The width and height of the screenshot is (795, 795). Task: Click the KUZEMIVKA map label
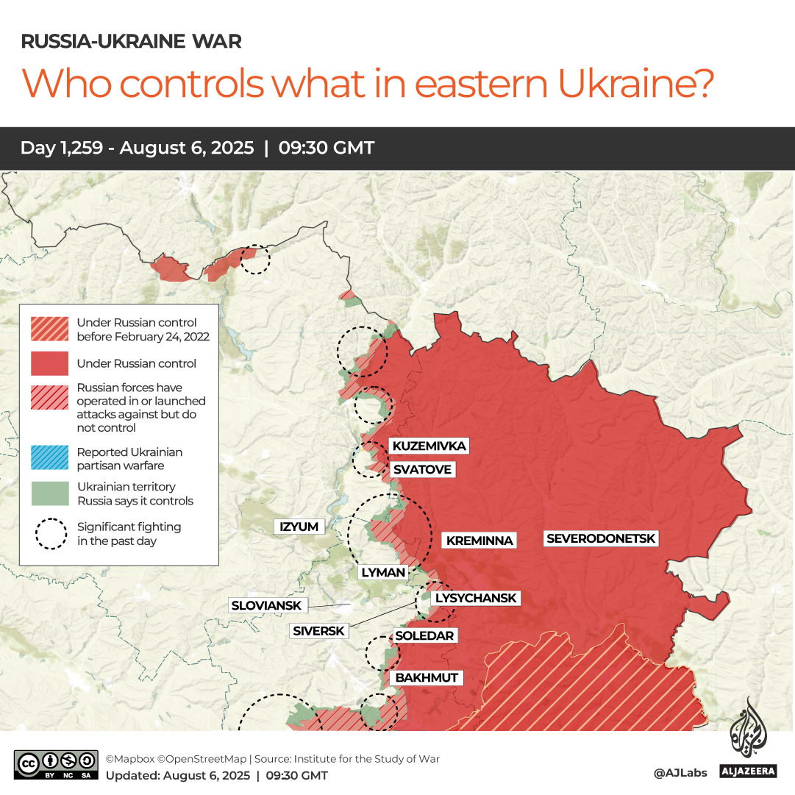pyautogui.click(x=429, y=446)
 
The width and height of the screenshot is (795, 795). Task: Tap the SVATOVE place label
pyautogui.click(x=422, y=469)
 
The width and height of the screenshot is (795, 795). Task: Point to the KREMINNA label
pyautogui.click(x=480, y=541)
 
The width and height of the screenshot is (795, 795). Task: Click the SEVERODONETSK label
pyautogui.click(x=600, y=538)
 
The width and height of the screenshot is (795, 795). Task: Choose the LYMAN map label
pyautogui.click(x=382, y=572)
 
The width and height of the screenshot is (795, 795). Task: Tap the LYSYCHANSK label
pyautogui.click(x=476, y=598)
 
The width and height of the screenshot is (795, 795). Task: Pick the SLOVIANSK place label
pyautogui.click(x=266, y=605)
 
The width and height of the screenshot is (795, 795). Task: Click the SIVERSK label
pyautogui.click(x=318, y=630)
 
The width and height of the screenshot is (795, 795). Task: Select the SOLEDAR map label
pyautogui.click(x=424, y=635)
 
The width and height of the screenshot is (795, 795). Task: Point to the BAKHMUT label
pyautogui.click(x=427, y=677)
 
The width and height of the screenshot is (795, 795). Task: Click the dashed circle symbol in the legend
pyautogui.click(x=51, y=534)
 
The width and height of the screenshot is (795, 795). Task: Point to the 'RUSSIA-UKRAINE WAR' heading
pyautogui.click(x=131, y=41)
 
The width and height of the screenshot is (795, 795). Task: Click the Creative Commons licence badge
pyautogui.click(x=56, y=765)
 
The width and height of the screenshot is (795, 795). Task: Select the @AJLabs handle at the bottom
pyautogui.click(x=680, y=773)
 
